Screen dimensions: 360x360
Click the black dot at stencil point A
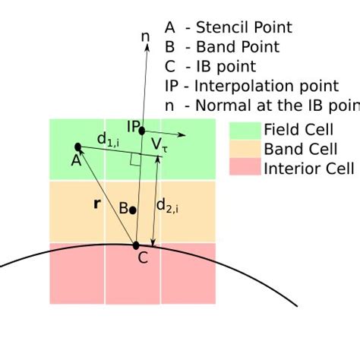(77, 146)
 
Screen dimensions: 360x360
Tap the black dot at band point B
(132, 210)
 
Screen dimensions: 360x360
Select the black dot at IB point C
(136, 245)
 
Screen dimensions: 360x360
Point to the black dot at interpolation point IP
(142, 131)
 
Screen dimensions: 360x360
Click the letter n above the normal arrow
(145, 36)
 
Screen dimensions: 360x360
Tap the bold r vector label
(96, 204)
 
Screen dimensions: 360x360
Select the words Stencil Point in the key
(244, 28)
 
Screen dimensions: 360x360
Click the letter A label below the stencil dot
(76, 159)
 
